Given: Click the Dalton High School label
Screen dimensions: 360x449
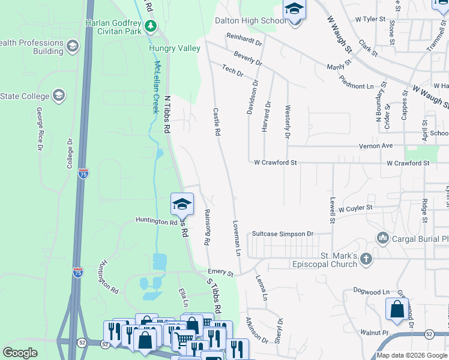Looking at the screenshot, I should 251,20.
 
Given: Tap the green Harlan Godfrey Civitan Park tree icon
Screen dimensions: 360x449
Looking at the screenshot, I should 150,26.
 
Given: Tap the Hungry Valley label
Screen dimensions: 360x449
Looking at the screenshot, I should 175,49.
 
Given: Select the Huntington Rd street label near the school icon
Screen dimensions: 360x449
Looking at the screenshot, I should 156,221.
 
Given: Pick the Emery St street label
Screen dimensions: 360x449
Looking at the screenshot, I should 221,273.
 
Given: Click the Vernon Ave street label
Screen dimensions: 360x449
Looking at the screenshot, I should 375,146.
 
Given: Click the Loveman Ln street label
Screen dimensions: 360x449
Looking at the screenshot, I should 236,237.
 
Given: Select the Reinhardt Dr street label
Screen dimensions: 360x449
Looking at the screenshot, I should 244,40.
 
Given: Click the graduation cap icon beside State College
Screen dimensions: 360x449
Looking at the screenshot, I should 59,95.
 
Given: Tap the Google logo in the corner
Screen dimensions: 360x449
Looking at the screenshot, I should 20,353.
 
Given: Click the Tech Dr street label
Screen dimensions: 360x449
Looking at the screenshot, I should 232,71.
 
